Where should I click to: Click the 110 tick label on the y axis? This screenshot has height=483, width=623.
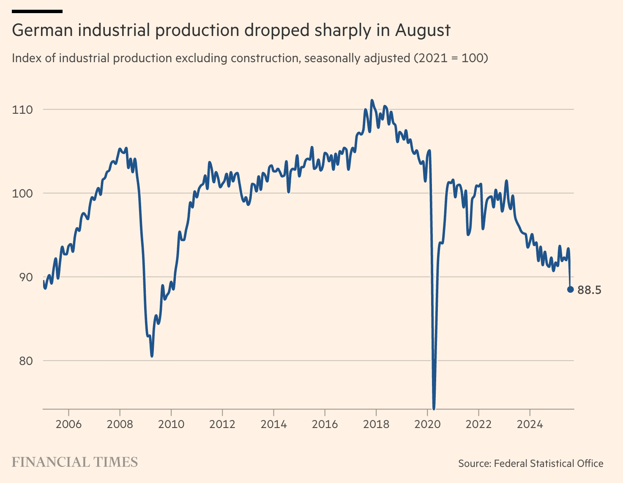[x=22, y=110]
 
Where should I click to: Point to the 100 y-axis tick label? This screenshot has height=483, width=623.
[x=22, y=194]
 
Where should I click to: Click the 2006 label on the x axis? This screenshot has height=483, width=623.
[x=68, y=424]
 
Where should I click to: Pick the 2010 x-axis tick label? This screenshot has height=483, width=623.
[x=171, y=424]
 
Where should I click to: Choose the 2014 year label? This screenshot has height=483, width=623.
[x=273, y=424]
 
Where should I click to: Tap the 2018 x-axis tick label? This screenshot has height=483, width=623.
[x=376, y=424]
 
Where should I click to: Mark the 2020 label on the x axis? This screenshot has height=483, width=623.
[x=427, y=424]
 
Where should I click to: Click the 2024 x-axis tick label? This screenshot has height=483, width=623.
[x=530, y=424]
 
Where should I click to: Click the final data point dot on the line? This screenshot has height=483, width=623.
[x=570, y=289]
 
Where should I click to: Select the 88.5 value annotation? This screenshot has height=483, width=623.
[x=589, y=290]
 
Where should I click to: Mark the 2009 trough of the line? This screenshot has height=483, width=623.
[x=152, y=356]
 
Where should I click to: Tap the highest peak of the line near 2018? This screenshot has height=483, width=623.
[x=372, y=101]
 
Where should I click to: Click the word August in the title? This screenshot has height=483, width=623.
[x=423, y=31]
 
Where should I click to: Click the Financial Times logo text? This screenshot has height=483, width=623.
[x=75, y=462]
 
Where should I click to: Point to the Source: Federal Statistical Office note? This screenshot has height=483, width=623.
[x=530, y=464]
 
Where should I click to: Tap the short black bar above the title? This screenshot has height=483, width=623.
[x=37, y=11]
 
